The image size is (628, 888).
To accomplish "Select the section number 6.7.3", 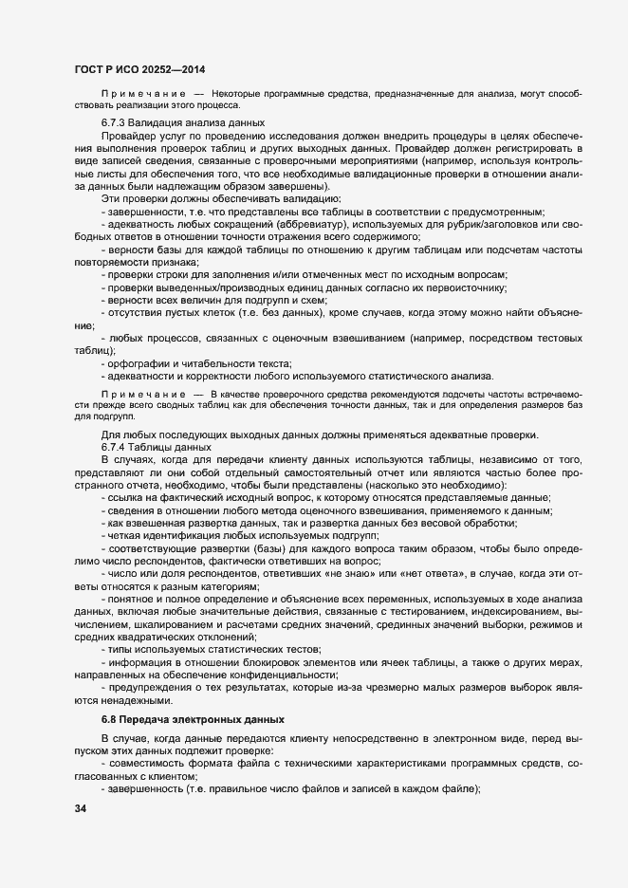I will point(117,124).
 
